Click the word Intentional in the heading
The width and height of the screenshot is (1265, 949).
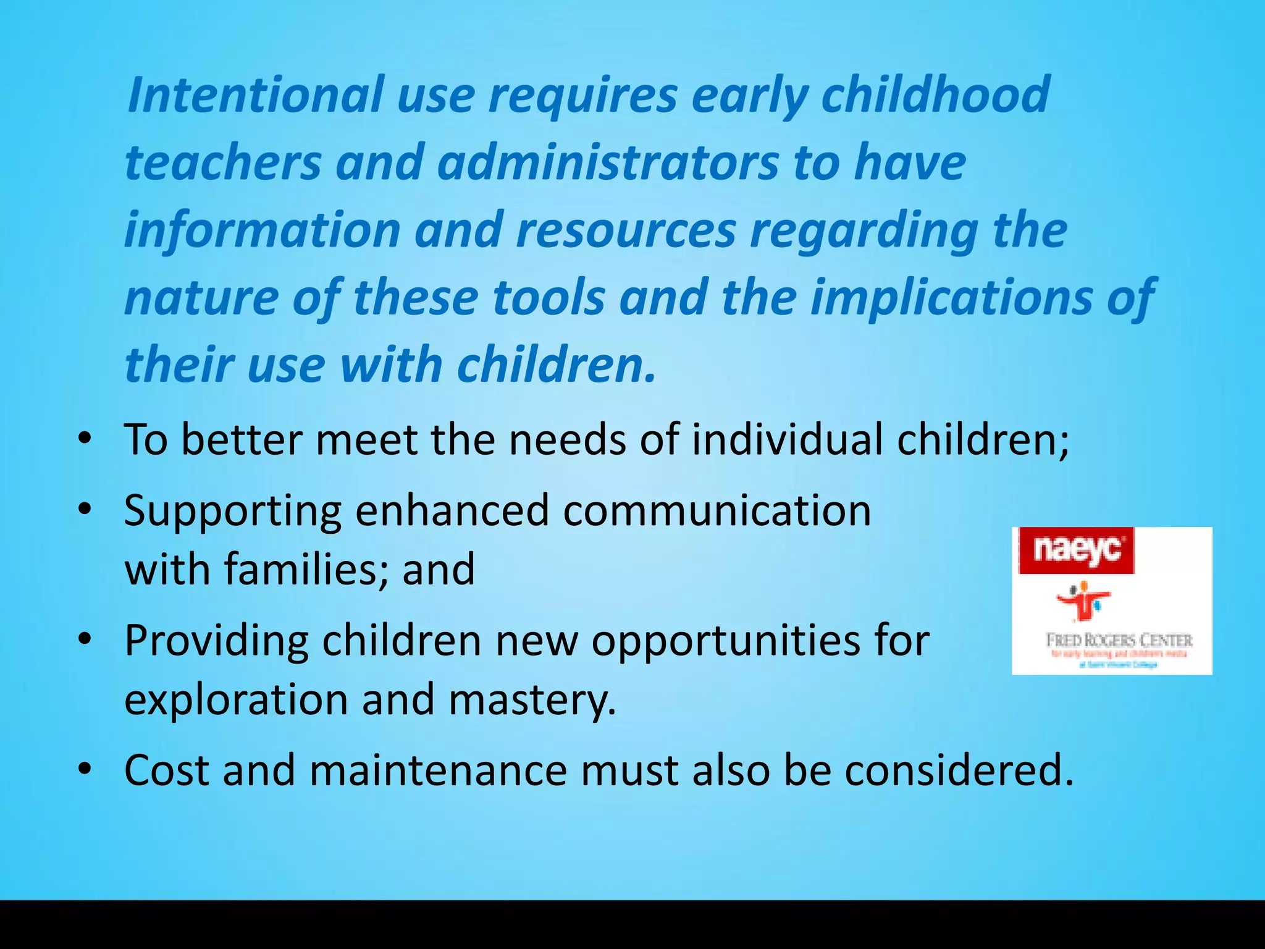point(255,95)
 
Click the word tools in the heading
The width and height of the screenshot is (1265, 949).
point(549,297)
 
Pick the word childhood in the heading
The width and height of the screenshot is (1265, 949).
point(935,95)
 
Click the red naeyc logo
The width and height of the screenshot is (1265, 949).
point(1076,550)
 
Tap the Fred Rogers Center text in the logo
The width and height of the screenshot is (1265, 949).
point(1119,639)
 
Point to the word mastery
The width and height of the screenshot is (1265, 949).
point(532,699)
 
